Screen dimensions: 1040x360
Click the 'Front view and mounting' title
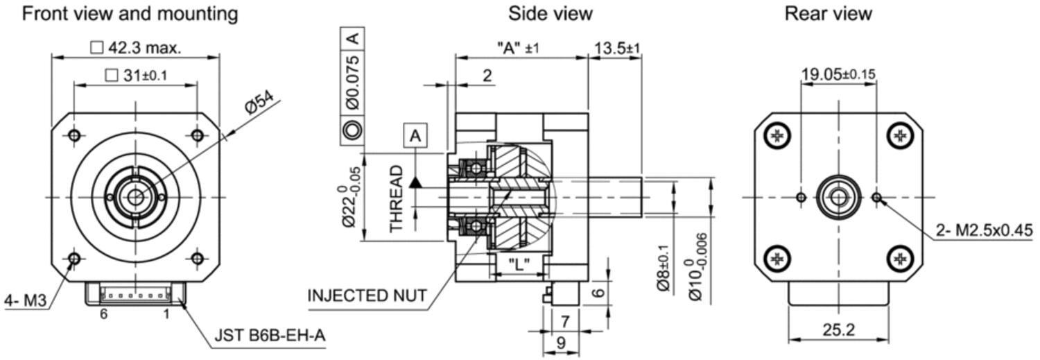click(130, 14)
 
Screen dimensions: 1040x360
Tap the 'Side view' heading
click(551, 13)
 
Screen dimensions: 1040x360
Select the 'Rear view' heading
click(829, 13)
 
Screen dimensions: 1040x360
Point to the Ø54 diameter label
click(259, 102)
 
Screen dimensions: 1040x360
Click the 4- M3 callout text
click(26, 301)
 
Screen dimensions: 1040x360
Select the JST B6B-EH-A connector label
click(270, 335)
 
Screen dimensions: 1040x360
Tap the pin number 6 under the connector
click(103, 314)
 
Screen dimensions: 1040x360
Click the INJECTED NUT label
click(367, 295)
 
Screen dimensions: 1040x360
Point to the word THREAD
click(396, 199)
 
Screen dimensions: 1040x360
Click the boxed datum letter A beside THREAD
click(415, 136)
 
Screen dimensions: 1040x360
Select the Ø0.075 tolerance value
click(353, 83)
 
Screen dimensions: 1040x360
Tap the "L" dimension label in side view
click(519, 265)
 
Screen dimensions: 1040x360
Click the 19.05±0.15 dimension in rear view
click(838, 74)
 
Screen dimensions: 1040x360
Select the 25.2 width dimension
click(838, 329)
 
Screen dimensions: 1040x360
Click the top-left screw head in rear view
click(778, 136)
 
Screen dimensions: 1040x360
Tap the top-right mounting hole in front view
click(198, 136)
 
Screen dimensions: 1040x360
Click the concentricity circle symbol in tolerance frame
click(352, 130)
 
